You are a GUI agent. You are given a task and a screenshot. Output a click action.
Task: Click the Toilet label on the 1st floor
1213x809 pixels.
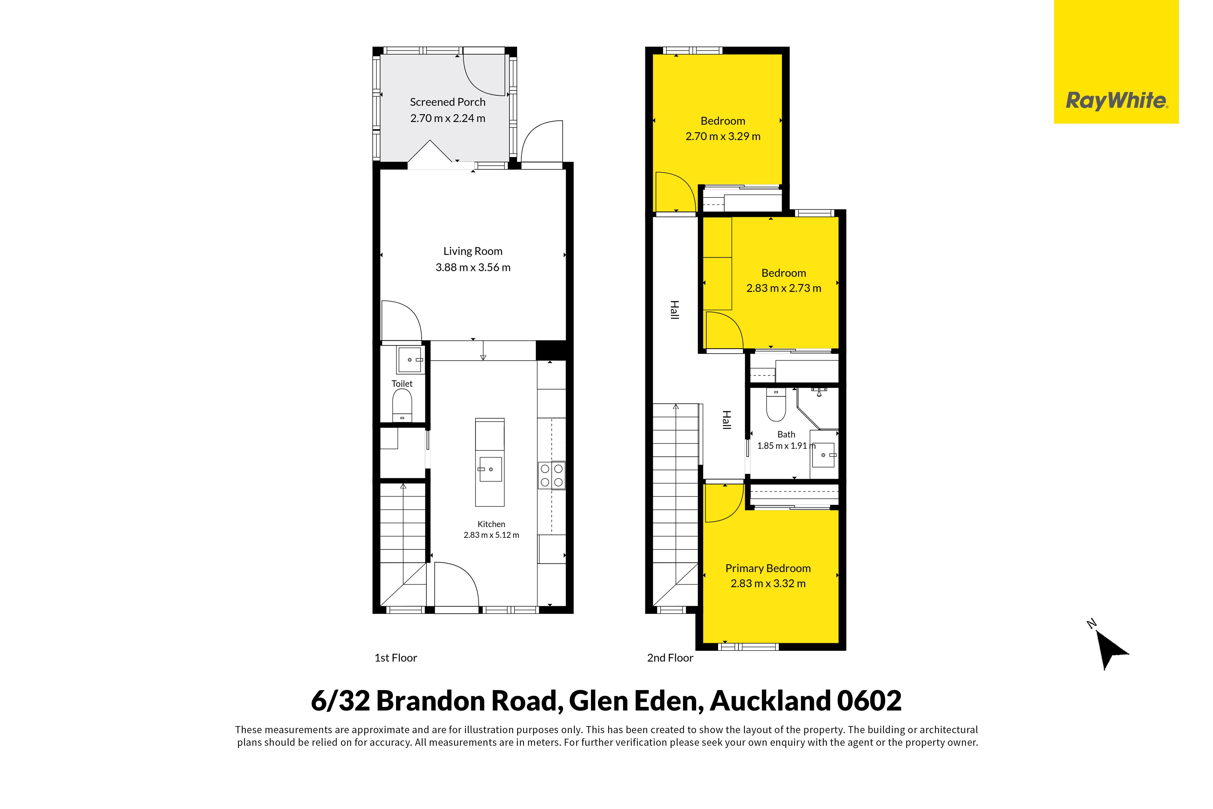coord(402,384)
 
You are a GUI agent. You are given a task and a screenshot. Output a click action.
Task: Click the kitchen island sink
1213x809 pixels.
coord(490,469)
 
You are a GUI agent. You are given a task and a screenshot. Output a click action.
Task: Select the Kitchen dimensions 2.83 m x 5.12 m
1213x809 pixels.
coord(491,535)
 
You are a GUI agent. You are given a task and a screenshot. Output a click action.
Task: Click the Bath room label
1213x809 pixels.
coord(786,434)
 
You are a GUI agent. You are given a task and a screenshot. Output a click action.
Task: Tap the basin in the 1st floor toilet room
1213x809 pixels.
coord(410,360)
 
